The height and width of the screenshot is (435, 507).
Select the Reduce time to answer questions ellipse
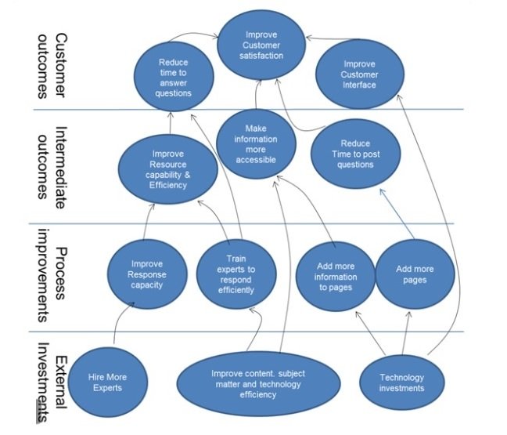[174, 78]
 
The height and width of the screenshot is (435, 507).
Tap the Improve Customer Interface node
[359, 74]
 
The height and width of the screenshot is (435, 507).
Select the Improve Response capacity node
[147, 274]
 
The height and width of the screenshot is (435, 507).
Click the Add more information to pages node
[336, 277]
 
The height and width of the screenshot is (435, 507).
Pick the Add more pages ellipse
[415, 273]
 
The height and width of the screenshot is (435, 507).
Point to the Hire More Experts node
[107, 382]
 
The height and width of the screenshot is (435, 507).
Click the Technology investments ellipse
[401, 382]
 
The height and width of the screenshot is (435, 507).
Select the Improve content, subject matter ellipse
[258, 384]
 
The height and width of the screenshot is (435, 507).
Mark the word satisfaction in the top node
[261, 55]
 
